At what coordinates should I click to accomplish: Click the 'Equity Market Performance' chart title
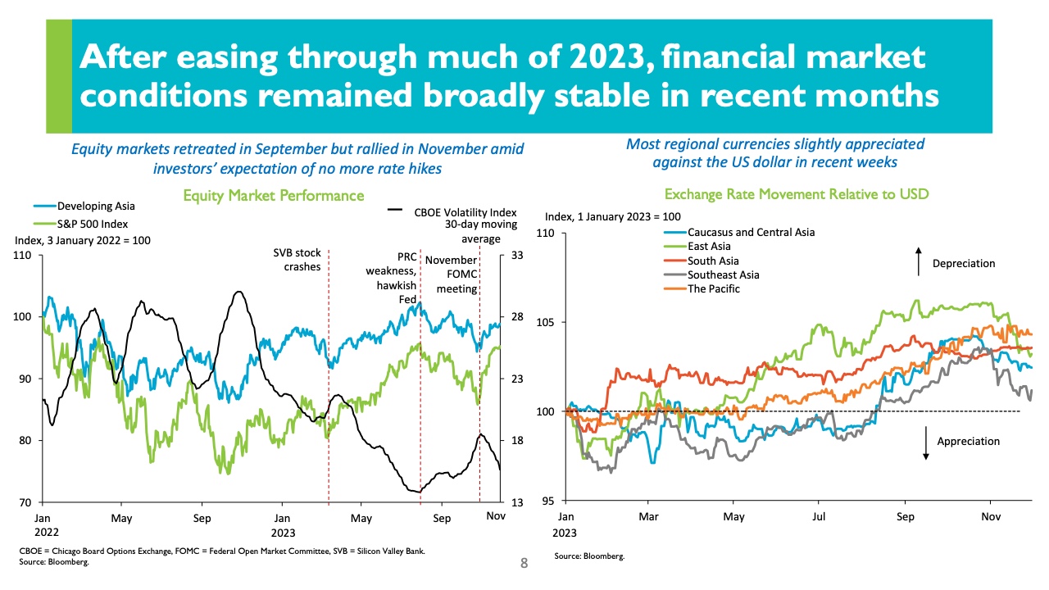tap(274, 196)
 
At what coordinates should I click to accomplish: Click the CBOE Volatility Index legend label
tap(454, 211)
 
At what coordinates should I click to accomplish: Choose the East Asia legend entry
tap(708, 246)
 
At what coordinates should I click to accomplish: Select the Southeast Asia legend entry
tap(723, 275)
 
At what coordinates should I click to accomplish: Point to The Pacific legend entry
tap(714, 288)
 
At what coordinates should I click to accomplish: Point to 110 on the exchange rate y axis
tap(545, 234)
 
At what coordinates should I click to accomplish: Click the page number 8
tap(524, 564)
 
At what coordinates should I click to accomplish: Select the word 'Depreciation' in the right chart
tap(963, 264)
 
